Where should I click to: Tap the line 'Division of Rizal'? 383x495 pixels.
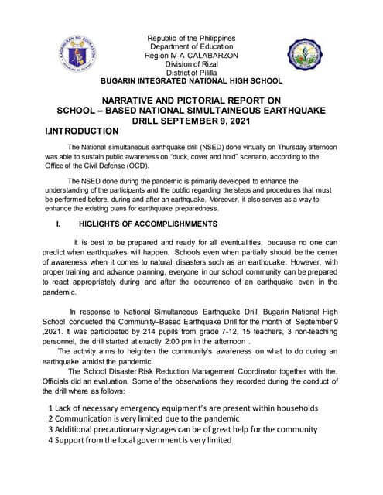(190, 64)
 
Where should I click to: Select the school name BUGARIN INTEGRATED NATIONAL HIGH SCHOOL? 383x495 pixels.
(192, 81)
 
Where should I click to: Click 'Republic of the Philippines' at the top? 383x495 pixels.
(190, 39)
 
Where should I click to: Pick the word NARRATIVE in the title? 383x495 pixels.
(134, 101)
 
